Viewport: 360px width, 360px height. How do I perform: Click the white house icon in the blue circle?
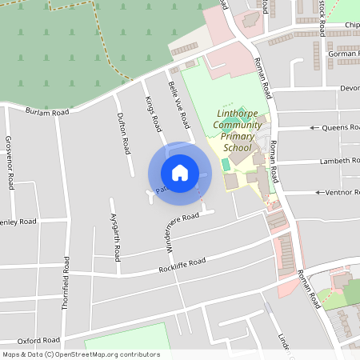click(180, 173)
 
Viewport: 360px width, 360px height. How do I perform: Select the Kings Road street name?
click(154, 114)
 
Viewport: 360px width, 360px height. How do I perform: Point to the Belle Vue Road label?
click(178, 105)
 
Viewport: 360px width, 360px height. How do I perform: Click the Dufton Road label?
click(124, 134)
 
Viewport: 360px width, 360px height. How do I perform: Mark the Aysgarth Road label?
click(116, 238)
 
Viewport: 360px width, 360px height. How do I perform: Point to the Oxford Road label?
click(39, 340)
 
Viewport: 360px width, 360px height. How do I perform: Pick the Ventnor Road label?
click(343, 192)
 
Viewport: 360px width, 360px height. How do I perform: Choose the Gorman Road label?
click(343, 54)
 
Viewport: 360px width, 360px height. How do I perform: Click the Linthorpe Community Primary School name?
click(239, 130)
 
